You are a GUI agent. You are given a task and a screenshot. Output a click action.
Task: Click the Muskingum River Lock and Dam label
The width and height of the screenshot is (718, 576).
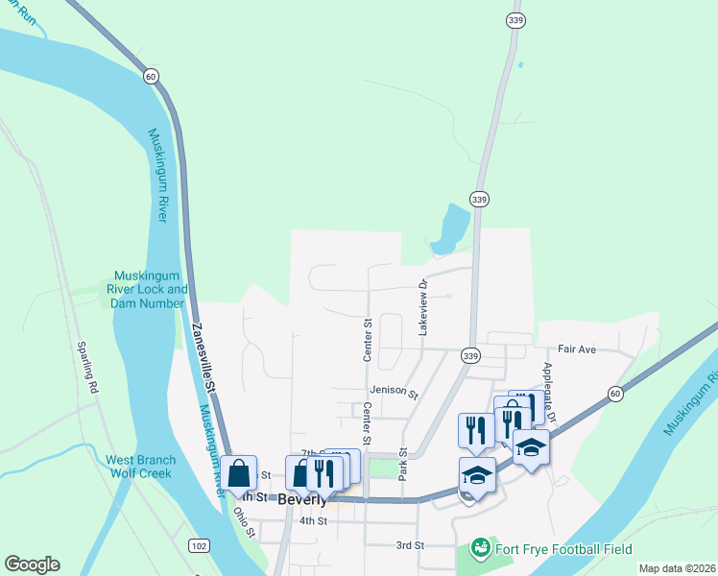[x=151, y=289]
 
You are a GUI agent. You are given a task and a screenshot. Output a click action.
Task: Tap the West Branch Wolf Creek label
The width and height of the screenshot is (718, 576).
[x=139, y=466]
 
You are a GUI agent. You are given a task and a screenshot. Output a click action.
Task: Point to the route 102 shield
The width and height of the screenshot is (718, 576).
[x=199, y=546]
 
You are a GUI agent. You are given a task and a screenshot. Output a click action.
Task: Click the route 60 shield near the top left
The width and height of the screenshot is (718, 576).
[x=151, y=75]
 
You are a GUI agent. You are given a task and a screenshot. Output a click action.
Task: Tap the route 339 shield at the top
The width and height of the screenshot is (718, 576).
[x=516, y=19]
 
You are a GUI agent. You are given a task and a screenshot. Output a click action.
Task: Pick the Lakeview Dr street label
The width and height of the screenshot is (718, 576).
[x=421, y=307]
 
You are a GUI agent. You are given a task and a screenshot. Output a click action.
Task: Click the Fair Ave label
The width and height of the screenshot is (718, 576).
[x=578, y=349]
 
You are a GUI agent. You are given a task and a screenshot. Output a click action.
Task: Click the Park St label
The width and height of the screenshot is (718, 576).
[x=403, y=464]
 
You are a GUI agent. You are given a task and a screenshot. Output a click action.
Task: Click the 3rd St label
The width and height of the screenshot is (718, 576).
[x=410, y=545]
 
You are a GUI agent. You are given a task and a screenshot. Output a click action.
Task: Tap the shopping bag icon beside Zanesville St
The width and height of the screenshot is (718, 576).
[x=239, y=472]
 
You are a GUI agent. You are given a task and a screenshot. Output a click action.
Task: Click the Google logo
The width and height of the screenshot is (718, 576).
[x=32, y=564]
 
